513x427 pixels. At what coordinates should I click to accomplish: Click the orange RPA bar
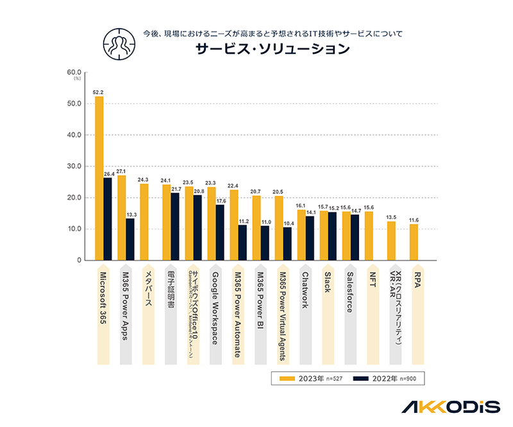[x=414, y=242]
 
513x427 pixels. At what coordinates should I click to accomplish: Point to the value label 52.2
[x=98, y=92]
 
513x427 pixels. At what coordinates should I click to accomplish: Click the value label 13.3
[x=130, y=214]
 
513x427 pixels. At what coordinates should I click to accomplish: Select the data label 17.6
[x=220, y=201]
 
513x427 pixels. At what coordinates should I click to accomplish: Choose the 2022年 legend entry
[x=383, y=379]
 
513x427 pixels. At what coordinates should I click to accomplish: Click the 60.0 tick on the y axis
[x=73, y=72]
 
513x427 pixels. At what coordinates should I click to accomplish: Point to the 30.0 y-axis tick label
[x=73, y=166]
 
